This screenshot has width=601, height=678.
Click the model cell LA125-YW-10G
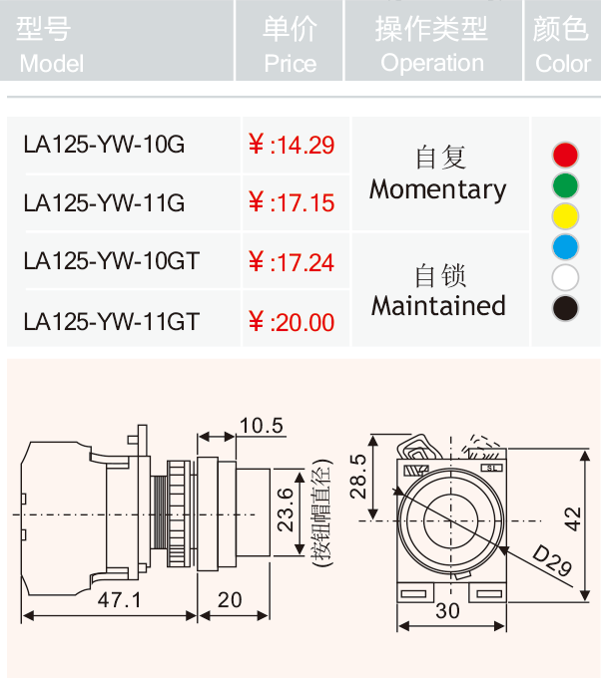104,145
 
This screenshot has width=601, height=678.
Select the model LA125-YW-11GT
111,322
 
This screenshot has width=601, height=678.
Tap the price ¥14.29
292,145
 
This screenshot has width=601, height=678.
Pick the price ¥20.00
292,322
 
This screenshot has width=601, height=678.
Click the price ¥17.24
292,262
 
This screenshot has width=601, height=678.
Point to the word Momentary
437,189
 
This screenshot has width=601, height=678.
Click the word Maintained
438,306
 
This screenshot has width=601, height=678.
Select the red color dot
565,155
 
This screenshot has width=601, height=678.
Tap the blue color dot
565,247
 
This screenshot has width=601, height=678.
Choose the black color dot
565,308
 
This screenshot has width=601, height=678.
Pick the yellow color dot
565,216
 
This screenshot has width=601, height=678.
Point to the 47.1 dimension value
119,600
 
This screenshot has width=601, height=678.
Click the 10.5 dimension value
262,426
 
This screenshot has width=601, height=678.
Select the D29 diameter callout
552,560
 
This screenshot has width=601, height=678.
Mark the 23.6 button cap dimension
286,509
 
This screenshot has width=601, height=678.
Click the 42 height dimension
572,518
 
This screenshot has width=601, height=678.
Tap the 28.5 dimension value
358,476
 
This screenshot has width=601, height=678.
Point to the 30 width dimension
447,611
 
